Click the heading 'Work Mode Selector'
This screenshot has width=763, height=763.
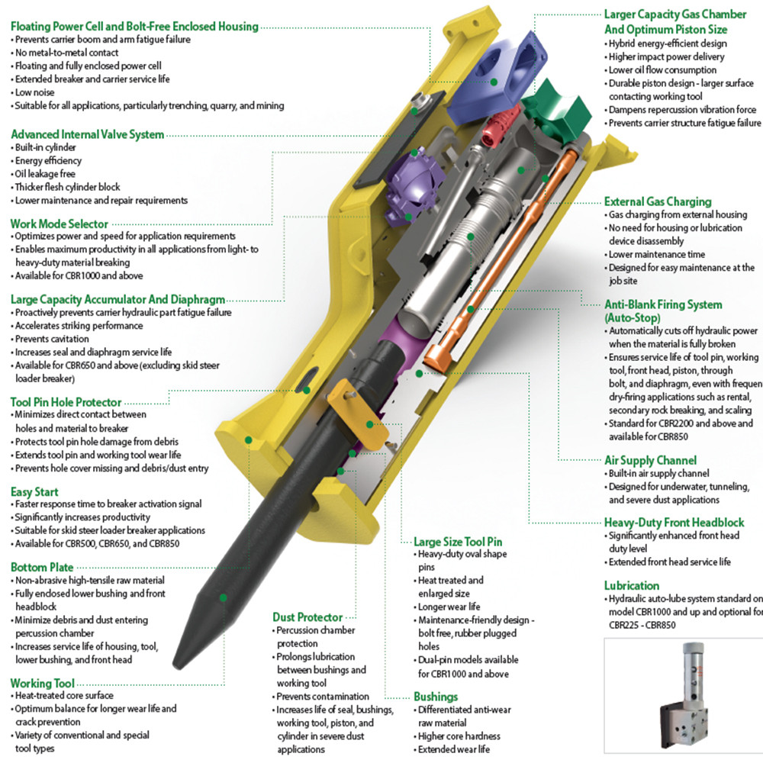(x=59, y=224)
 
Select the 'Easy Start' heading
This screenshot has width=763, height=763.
(x=34, y=491)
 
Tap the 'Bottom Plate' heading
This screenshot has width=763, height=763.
(x=42, y=567)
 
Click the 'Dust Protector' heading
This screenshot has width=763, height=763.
(x=307, y=617)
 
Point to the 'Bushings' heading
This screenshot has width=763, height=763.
(x=436, y=697)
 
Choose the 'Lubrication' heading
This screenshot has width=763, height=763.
(x=632, y=585)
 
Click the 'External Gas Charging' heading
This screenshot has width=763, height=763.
(x=658, y=201)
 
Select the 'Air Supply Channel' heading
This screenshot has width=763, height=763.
(x=650, y=460)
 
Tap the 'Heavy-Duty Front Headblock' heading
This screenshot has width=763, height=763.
(x=674, y=523)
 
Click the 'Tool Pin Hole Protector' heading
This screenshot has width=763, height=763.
(x=66, y=401)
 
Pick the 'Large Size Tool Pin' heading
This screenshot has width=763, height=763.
(x=458, y=540)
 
